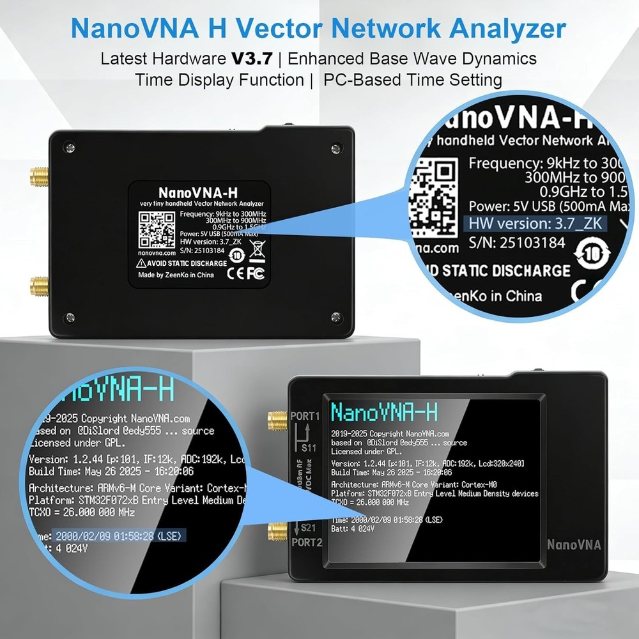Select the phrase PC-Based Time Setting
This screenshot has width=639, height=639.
(412, 81)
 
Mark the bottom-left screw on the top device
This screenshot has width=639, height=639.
(70, 318)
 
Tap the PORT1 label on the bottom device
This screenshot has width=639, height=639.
(305, 416)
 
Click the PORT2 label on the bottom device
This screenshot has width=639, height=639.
(305, 543)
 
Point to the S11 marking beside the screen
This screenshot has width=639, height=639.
(309, 448)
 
